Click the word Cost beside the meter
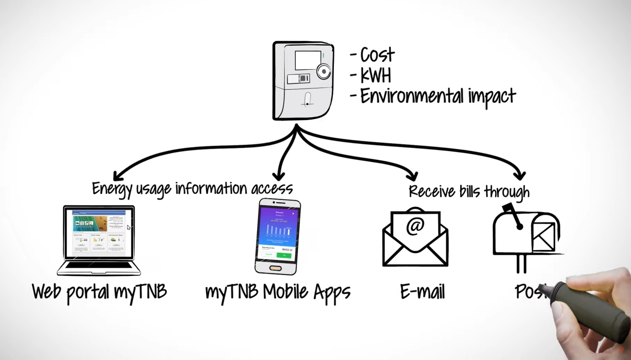[x=377, y=55]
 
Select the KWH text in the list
[x=376, y=75]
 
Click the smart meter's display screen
[x=308, y=60]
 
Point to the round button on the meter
[x=324, y=71]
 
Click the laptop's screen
[x=99, y=233]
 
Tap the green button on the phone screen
[x=284, y=255]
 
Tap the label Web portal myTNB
[x=99, y=292]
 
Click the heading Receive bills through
[x=469, y=191]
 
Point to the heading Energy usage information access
[x=192, y=188]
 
